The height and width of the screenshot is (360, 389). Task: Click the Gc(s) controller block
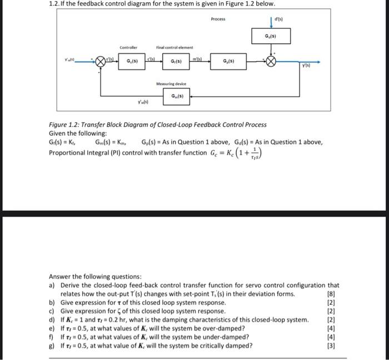click(x=133, y=61)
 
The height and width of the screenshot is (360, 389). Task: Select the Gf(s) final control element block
click(x=175, y=61)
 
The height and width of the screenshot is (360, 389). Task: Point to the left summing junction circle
click(x=101, y=62)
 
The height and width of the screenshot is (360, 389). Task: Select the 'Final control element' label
click(x=174, y=47)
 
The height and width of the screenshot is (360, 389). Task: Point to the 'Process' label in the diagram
click(x=218, y=19)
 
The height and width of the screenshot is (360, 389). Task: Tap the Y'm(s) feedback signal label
click(x=143, y=102)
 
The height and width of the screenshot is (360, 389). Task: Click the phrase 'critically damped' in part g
click(x=226, y=344)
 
